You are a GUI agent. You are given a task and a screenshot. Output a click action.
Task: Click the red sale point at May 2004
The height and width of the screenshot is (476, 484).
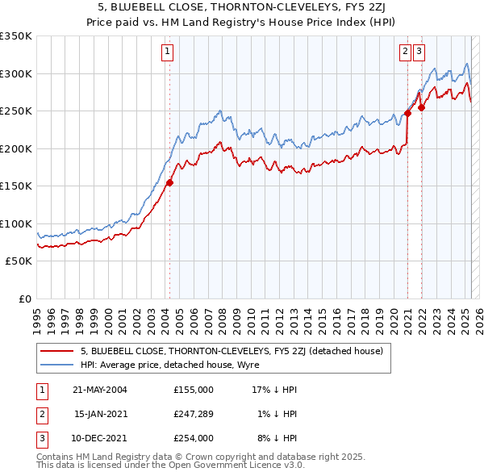tap(169, 182)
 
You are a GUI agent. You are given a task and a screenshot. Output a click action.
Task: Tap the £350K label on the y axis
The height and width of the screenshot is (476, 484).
tap(17, 36)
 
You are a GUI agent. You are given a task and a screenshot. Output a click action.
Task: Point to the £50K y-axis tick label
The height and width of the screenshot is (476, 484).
tap(19, 261)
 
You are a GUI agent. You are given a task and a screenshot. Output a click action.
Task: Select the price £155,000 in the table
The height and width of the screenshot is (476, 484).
tap(193, 389)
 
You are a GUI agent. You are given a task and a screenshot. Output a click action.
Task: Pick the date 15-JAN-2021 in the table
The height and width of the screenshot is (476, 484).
tap(100, 413)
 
